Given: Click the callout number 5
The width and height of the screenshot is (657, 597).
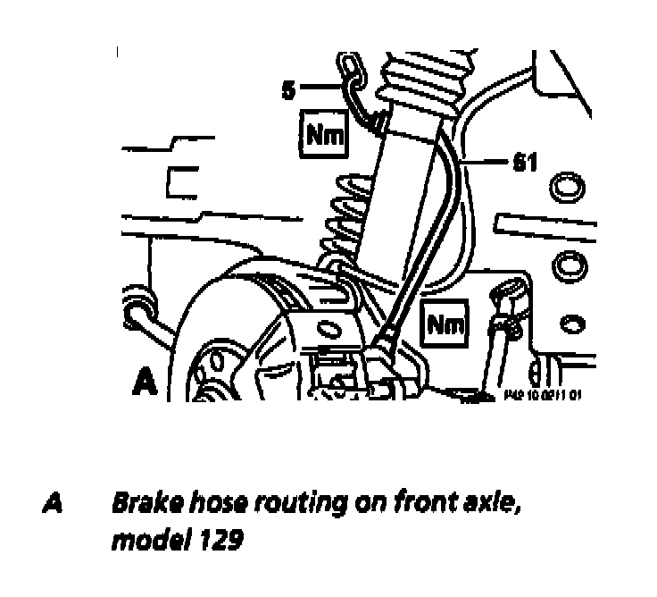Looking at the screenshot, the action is [x=288, y=90].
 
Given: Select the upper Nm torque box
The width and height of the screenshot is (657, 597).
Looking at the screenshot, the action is [x=324, y=134].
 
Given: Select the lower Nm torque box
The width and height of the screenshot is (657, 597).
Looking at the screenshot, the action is [x=445, y=324].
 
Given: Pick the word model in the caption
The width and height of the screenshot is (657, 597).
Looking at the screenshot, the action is [x=143, y=541].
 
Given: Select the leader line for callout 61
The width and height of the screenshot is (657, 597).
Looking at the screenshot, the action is [x=487, y=164].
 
